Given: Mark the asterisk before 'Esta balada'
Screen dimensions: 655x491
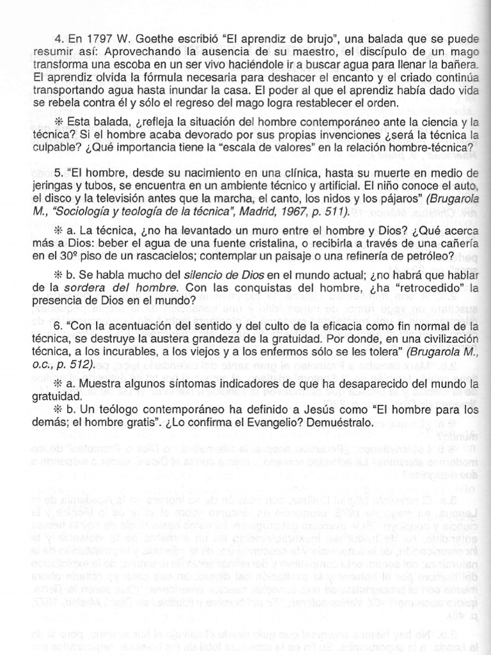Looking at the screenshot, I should (x=59, y=122).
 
